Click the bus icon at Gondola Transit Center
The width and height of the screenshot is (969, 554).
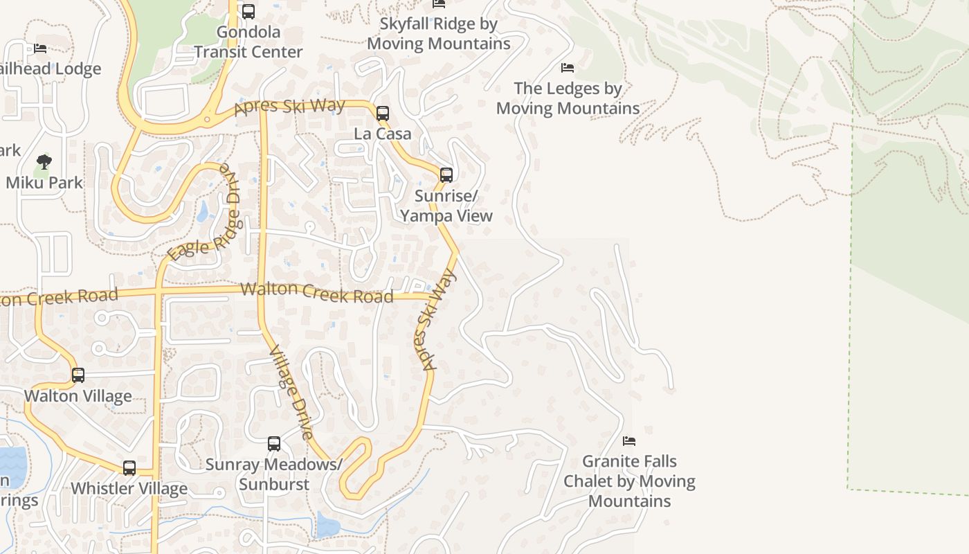(x=248, y=11)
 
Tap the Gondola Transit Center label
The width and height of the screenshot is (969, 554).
(x=248, y=42)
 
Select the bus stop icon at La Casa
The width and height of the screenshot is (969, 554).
(x=382, y=114)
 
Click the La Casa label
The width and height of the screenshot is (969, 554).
(x=382, y=134)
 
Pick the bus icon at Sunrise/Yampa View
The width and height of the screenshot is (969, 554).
(x=446, y=175)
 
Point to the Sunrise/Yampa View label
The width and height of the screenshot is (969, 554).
(x=446, y=206)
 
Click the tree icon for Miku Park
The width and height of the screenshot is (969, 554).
(x=44, y=163)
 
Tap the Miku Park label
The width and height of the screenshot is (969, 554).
(x=44, y=183)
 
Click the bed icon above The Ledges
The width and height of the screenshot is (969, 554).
(x=568, y=68)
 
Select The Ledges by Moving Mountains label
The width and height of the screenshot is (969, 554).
(x=568, y=98)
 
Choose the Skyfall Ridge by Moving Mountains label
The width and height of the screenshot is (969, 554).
(x=439, y=33)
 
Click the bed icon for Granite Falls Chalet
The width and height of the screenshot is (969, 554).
(x=629, y=440)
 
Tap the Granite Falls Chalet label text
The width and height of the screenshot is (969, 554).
(x=629, y=481)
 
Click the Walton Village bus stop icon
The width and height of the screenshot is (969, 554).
(x=78, y=375)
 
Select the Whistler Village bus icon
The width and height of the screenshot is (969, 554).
(x=129, y=467)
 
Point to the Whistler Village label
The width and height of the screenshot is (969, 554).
(x=129, y=488)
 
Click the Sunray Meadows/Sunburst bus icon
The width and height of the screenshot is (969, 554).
(x=274, y=443)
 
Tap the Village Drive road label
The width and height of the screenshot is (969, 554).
(x=291, y=392)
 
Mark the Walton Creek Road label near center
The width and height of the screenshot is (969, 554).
(x=317, y=292)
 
